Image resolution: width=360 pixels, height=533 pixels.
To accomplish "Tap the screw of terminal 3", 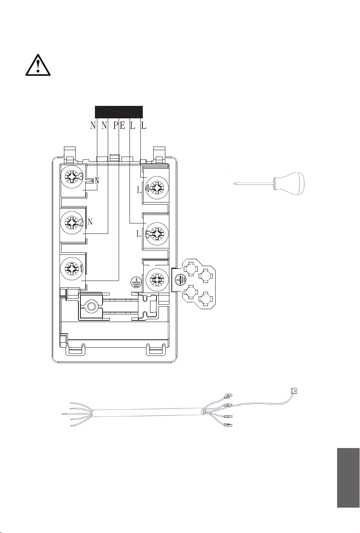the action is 72,177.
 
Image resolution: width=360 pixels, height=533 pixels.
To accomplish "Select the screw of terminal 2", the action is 72,223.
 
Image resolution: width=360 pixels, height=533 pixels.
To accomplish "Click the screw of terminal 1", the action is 72,269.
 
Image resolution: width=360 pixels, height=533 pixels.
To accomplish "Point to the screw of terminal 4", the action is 157,187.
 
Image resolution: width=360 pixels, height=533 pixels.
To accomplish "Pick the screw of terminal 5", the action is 157,233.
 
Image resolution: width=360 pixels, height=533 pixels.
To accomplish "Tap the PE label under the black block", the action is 119,125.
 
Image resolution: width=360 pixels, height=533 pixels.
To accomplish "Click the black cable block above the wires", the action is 119,112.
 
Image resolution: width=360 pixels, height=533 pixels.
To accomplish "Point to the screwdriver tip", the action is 235,183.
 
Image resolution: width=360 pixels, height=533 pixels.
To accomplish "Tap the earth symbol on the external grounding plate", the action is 181,279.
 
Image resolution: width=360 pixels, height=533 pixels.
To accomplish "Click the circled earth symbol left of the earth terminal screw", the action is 136,282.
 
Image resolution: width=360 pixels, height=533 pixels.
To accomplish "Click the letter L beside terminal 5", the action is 139,234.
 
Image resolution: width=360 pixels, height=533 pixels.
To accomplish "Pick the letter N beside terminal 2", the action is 90,222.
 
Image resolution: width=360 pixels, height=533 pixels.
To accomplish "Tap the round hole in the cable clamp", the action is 91,306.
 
